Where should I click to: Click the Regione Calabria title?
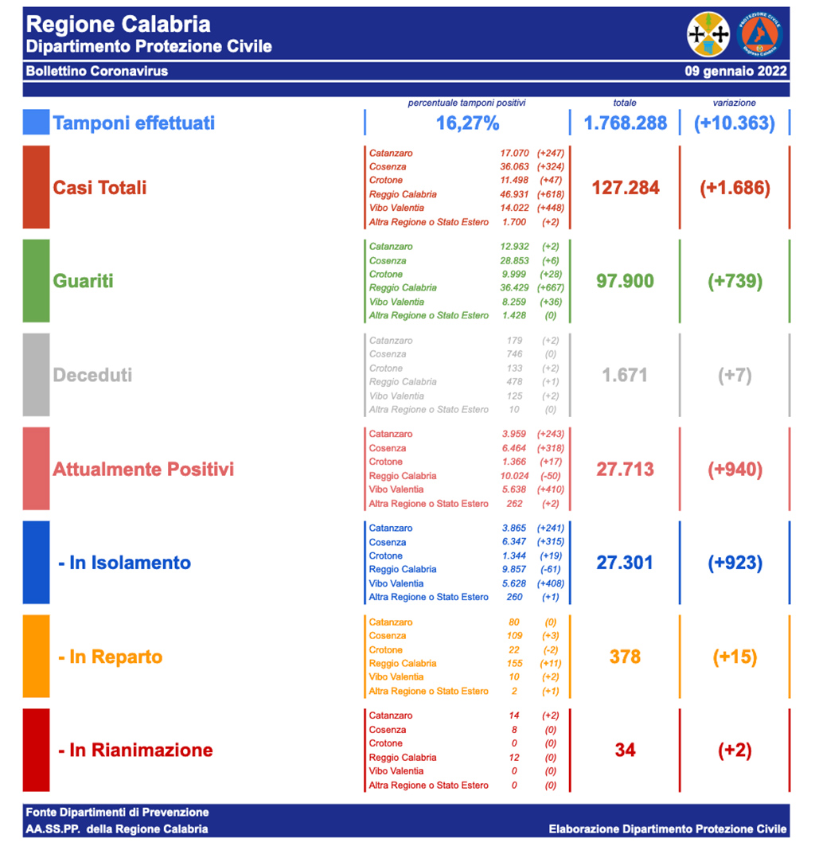[119, 25]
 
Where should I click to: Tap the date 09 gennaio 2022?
[735, 72]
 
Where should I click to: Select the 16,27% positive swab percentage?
[467, 123]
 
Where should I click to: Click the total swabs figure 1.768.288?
[625, 123]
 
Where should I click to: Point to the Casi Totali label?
[99, 188]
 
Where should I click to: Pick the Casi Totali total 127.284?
[626, 188]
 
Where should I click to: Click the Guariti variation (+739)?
[735, 281]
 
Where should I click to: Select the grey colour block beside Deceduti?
[36, 375]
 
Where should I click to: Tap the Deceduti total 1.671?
[625, 375]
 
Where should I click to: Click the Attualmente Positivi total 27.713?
[625, 469]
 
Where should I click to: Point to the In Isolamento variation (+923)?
[735, 563]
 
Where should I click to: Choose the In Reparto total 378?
[625, 657]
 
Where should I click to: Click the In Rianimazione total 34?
[625, 751]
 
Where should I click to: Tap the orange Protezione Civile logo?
[759, 34]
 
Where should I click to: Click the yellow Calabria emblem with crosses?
[708, 34]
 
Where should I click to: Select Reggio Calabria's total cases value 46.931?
[514, 194]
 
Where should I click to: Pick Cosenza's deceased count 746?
[514, 354]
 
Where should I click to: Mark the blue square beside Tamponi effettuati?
[36, 122]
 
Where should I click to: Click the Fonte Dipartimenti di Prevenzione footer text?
[117, 813]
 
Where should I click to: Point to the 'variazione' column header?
[735, 103]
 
